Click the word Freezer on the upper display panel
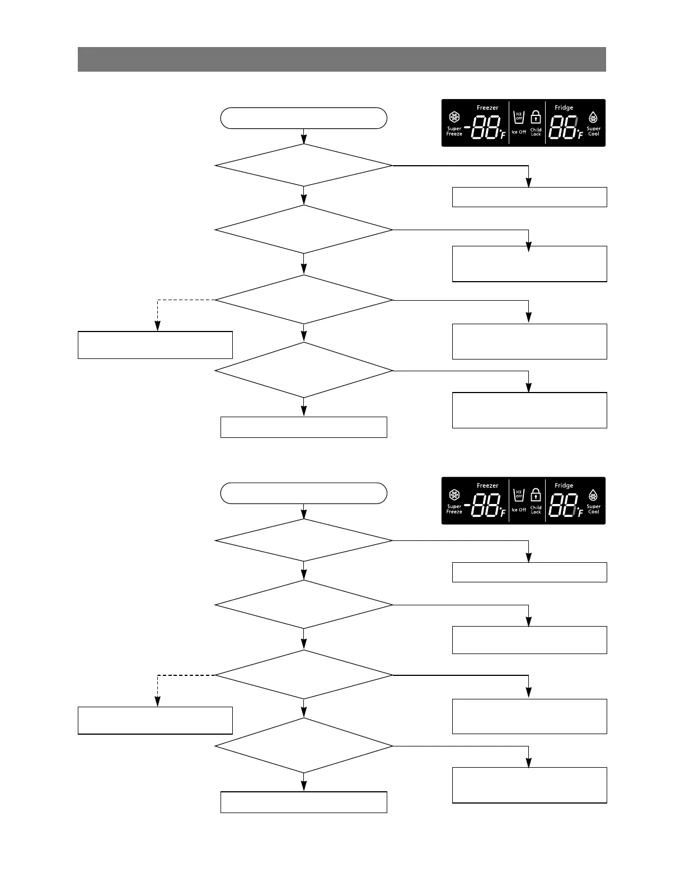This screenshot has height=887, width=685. [487, 108]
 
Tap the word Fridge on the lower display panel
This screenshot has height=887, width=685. [564, 485]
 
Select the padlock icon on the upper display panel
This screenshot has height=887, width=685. [536, 118]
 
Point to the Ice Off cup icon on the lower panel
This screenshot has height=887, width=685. [519, 496]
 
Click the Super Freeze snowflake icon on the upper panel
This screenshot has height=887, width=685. [454, 118]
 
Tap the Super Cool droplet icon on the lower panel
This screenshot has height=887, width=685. [593, 496]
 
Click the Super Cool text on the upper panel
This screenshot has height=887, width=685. [593, 132]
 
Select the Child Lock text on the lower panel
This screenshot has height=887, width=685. [536, 510]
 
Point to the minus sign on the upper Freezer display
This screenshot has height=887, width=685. [467, 127]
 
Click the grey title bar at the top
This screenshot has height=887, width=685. [341, 59]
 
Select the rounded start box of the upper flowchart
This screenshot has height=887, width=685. [304, 118]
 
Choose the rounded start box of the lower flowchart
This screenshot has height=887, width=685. [304, 493]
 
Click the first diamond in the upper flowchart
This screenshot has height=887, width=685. [304, 165]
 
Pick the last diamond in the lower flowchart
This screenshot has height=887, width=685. [304, 746]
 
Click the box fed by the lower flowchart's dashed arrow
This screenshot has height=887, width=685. [155, 720]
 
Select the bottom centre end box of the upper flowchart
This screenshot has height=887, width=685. [304, 427]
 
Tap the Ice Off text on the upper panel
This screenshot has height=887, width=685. [519, 132]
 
